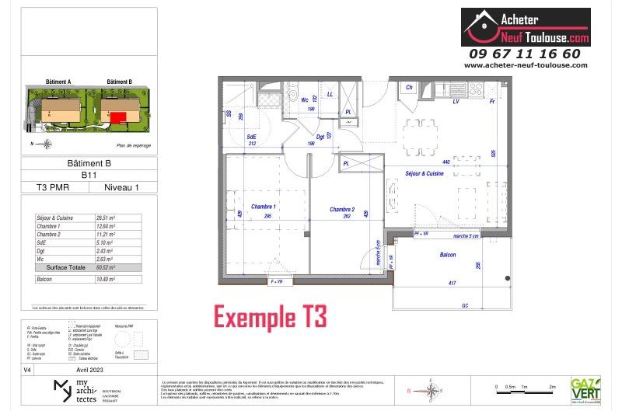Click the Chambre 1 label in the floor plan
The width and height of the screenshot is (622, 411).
pos(264,207)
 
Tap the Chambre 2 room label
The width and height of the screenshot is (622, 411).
pos(341,209)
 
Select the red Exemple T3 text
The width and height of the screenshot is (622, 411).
pos(270,317)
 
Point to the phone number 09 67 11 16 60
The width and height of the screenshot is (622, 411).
pos(525,54)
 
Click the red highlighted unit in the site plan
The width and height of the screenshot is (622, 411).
pos(118,117)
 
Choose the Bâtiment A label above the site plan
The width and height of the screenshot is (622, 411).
pos(58,82)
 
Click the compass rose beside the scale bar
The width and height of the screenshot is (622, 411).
pos(432,388)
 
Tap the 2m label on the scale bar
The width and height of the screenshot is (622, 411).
pos(552,386)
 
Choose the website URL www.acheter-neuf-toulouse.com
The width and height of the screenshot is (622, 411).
pos(526,65)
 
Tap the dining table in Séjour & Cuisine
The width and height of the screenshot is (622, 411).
pos(421,136)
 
